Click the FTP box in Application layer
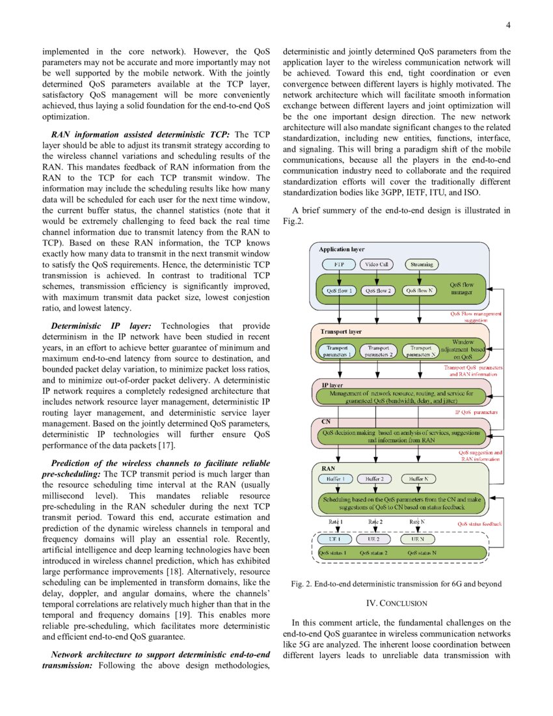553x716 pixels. coord(338,264)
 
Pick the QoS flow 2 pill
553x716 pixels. coord(378,291)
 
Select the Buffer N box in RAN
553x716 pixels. coord(418,479)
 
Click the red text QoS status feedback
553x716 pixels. coord(479,523)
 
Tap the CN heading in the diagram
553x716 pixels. coord(326,421)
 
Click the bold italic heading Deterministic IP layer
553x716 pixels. coord(101,326)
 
